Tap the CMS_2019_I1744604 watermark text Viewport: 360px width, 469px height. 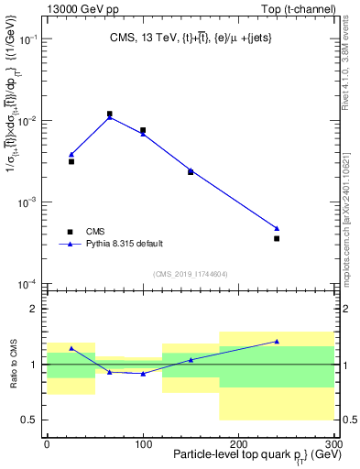click(x=190, y=274)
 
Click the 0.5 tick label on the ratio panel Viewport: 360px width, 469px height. click(x=27, y=420)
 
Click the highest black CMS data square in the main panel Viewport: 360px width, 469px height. click(x=110, y=115)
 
